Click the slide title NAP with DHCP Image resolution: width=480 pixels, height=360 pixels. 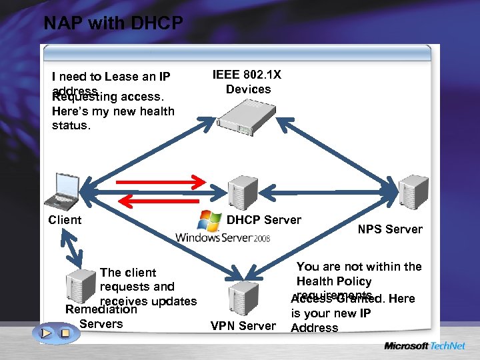[113, 24]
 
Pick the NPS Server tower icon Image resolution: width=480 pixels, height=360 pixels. [413, 190]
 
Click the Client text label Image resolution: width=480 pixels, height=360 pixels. [65, 220]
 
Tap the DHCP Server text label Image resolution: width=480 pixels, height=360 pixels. [264, 220]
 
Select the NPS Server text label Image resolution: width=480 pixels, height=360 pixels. [390, 229]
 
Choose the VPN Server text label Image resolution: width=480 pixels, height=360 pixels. [243, 326]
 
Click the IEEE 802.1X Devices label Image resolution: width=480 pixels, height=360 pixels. [247, 82]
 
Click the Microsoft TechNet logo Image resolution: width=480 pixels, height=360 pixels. [424, 346]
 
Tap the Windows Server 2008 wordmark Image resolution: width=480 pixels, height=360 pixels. [223, 237]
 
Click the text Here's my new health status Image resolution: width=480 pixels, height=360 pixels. [113, 118]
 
